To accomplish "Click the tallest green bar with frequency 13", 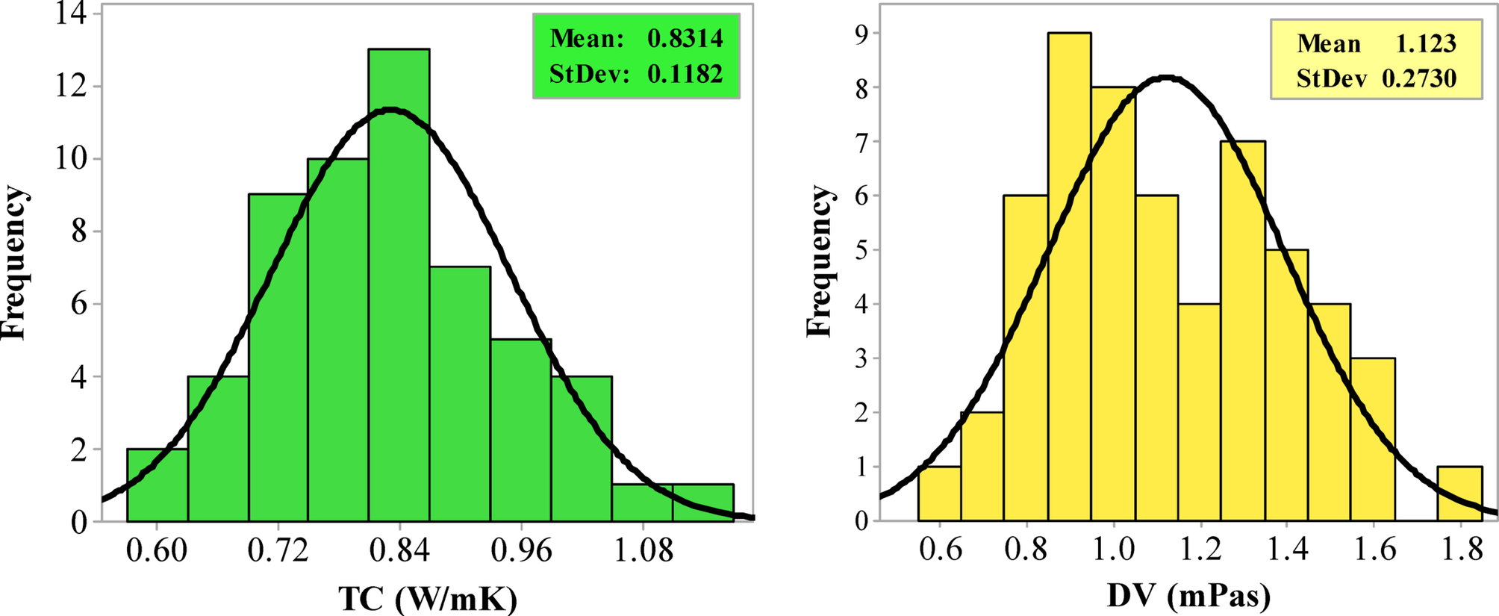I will tap(399, 284).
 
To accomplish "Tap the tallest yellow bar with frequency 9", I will tap(1069, 276).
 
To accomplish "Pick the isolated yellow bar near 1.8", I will tap(1459, 494).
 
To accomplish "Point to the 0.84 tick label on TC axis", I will tap(399, 551).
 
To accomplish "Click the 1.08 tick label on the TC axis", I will tap(643, 551).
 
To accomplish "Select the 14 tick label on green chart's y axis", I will tap(72, 15).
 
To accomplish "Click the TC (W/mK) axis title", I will tap(428, 598).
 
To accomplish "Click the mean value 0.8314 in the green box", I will tap(685, 39).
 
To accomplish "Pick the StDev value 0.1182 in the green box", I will tap(685, 74).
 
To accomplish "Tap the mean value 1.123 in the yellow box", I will tap(1426, 44).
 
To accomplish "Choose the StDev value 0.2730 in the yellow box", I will tap(1418, 78).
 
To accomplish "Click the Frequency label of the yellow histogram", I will tap(820, 261).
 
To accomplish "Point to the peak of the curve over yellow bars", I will tap(1168, 78).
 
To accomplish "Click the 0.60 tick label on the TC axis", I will tap(156, 551).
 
